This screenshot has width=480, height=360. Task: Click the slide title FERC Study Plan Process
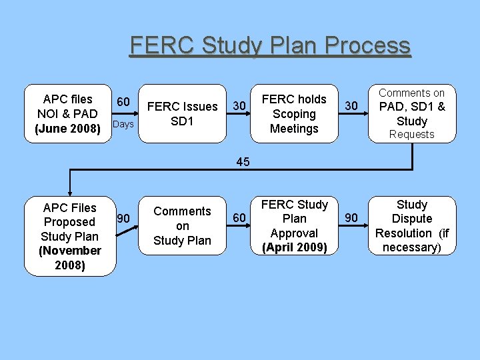270,46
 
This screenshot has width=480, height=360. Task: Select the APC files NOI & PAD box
69,113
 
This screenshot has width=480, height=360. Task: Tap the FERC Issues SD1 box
182,113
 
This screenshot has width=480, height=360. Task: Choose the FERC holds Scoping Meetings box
294,113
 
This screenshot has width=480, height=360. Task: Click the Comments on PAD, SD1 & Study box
411,113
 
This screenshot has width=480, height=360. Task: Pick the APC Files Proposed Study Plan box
69,236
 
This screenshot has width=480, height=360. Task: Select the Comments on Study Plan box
182,225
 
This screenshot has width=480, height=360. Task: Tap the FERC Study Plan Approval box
294,225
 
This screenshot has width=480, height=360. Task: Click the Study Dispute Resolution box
411,225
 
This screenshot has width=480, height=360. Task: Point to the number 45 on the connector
243,161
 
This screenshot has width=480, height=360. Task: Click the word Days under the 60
123,125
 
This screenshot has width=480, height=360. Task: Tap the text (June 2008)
67,128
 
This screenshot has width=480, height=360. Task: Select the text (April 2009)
294,247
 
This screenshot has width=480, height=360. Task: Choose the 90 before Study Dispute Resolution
351,217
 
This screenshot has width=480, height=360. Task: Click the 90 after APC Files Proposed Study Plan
123,218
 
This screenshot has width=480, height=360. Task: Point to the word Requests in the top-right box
411,135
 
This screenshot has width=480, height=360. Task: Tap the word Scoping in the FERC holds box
294,114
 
